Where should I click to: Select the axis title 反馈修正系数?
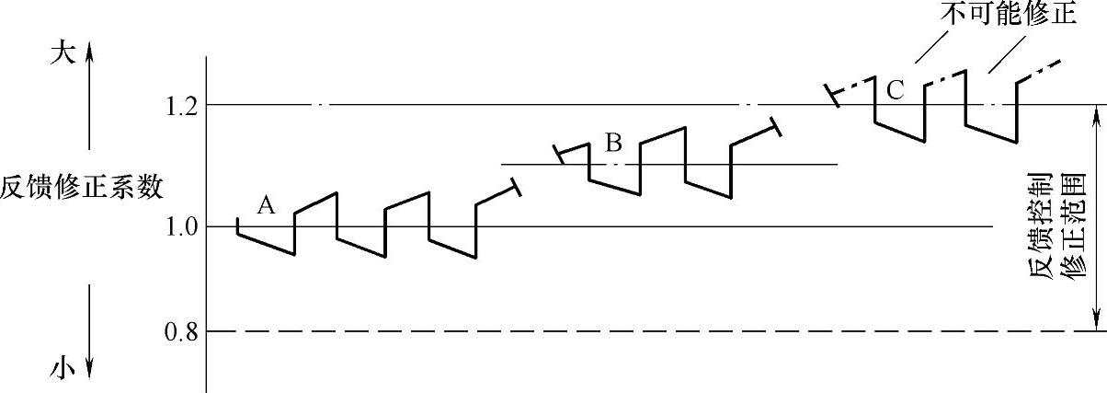pyautogui.click(x=82, y=189)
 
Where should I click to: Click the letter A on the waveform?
pyautogui.click(x=267, y=205)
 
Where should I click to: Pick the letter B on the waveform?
pyautogui.click(x=614, y=143)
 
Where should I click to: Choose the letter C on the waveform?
pyautogui.click(x=896, y=90)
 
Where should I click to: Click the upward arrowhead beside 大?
pyautogui.click(x=90, y=53)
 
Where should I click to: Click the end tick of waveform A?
pyautogui.click(x=515, y=187)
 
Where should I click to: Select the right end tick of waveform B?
pyautogui.click(x=775, y=126)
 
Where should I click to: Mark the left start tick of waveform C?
pyautogui.click(x=833, y=96)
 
